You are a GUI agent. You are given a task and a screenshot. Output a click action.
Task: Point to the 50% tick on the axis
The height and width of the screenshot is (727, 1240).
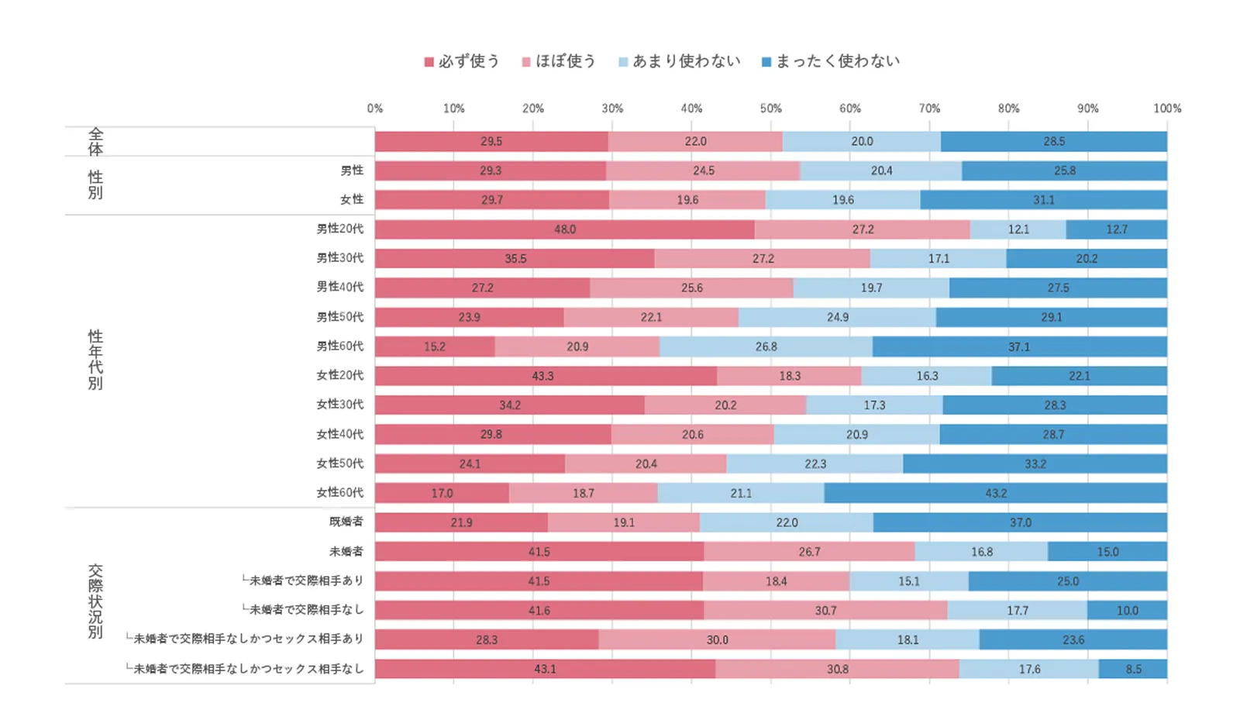pos(770,109)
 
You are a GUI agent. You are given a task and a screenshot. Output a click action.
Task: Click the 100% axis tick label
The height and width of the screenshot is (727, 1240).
pos(1166,109)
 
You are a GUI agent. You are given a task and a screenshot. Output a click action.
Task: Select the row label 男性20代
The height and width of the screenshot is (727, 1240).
pos(339,229)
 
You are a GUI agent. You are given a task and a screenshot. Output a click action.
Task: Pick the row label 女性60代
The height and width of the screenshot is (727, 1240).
pos(339,492)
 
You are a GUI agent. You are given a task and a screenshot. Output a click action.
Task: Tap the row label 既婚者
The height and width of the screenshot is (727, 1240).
pos(346,522)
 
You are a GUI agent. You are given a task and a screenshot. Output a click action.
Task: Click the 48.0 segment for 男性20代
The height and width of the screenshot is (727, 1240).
pos(565,229)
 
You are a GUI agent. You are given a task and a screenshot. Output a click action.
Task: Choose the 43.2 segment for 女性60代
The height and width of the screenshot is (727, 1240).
pos(996,493)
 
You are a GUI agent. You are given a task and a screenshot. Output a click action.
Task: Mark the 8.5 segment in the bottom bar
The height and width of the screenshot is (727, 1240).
pos(1133,669)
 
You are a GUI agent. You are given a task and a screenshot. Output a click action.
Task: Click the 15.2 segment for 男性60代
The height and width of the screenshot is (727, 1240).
pos(435,346)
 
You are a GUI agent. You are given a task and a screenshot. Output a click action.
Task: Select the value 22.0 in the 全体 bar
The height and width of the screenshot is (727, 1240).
pos(695,142)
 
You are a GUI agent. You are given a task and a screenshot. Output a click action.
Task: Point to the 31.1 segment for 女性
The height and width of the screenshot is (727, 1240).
pos(1043,200)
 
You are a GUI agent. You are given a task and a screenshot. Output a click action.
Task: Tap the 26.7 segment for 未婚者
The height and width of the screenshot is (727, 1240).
pos(809,552)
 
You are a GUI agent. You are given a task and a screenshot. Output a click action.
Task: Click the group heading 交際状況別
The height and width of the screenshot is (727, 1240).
pos(95,601)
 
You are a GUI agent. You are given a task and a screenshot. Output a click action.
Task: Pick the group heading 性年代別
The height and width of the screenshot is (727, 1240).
pos(95,360)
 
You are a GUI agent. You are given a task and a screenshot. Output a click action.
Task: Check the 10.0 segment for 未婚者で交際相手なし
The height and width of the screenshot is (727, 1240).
pos(1127,611)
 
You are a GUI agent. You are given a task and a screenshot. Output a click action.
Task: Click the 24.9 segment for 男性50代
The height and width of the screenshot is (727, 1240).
pos(837,317)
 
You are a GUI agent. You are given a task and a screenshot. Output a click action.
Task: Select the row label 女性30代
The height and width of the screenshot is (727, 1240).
pos(339,405)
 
